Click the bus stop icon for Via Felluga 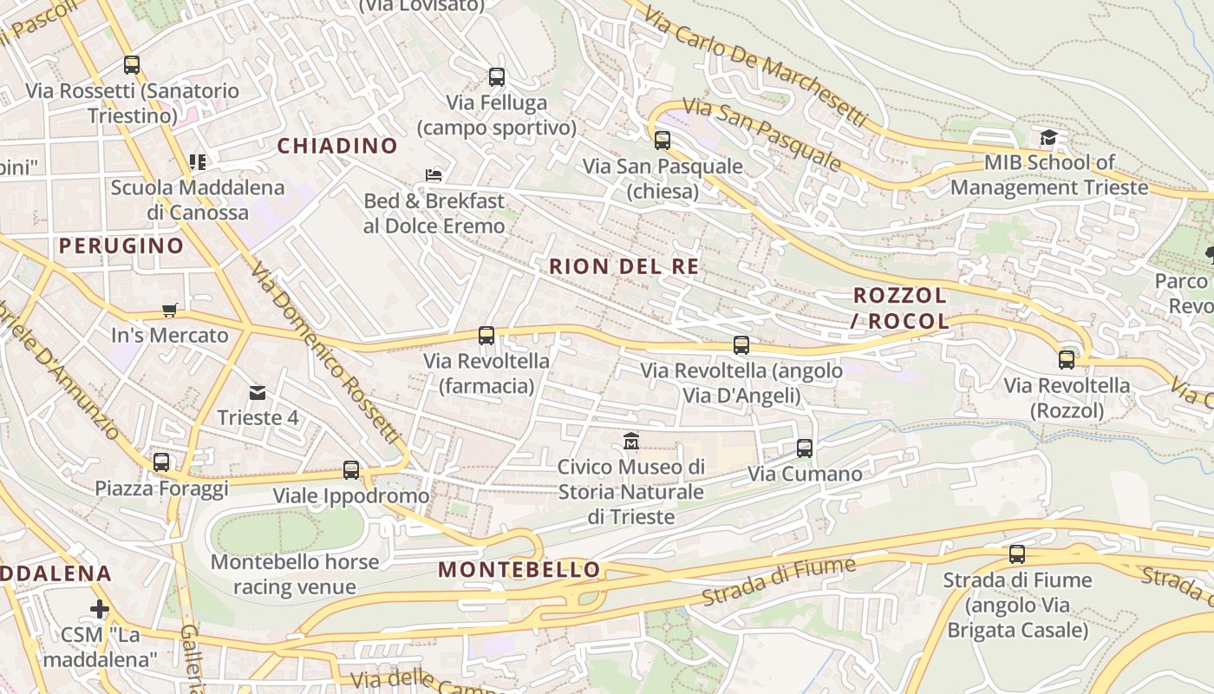tap(497, 77)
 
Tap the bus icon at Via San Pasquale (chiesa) tap(662, 140)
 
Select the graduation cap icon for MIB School tap(1048, 137)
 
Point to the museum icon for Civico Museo tap(630, 442)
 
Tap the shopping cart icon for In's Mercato tap(170, 310)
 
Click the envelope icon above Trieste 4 tap(258, 393)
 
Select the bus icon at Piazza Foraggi tap(161, 462)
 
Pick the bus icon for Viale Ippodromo tap(351, 470)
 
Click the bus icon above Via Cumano tap(805, 448)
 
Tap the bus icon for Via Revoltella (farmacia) tap(486, 336)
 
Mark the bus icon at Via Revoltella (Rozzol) tap(1067, 360)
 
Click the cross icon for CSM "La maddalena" tap(100, 609)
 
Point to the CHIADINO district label tap(337, 146)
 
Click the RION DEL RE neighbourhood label tap(623, 266)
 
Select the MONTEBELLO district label tap(519, 570)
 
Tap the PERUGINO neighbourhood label tap(121, 246)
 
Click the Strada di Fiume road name tap(779, 583)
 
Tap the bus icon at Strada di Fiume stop tap(1017, 553)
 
